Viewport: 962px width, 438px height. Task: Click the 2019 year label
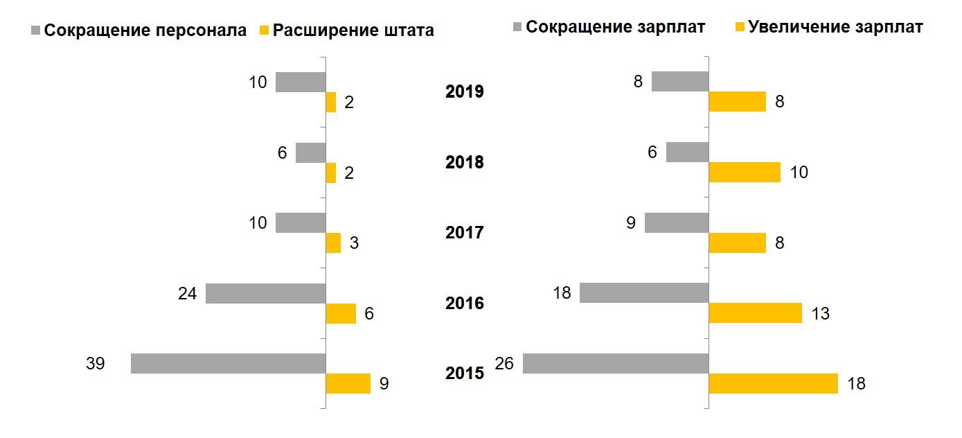pyautogui.click(x=464, y=92)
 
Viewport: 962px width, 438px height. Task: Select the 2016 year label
pyautogui.click(x=464, y=304)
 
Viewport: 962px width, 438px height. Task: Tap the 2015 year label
pyautogui.click(x=464, y=374)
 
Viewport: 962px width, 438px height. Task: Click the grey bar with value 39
pyautogui.click(x=228, y=364)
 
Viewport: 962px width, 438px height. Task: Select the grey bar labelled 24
pyautogui.click(x=265, y=293)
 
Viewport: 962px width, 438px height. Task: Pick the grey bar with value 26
pyautogui.click(x=616, y=364)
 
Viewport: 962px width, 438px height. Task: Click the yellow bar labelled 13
pyautogui.click(x=755, y=313)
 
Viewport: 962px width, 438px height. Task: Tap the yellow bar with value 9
pyautogui.click(x=348, y=384)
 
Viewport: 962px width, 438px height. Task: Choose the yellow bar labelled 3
pyautogui.click(x=333, y=243)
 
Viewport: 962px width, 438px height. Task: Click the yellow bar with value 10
pyautogui.click(x=745, y=173)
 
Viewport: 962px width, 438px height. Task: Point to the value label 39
pyautogui.click(x=95, y=363)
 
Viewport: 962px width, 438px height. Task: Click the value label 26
pyautogui.click(x=504, y=363)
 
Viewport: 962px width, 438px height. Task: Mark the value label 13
pyautogui.click(x=820, y=314)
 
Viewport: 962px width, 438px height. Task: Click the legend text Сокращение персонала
pyautogui.click(x=145, y=30)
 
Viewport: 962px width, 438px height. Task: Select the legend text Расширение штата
pyautogui.click(x=353, y=30)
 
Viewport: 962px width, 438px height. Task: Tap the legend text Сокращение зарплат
pyautogui.click(x=616, y=27)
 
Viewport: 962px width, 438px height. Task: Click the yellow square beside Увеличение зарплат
pyautogui.click(x=739, y=28)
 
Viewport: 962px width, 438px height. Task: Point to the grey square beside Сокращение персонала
pyautogui.click(x=36, y=30)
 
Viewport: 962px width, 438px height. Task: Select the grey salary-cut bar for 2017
pyautogui.click(x=677, y=222)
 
